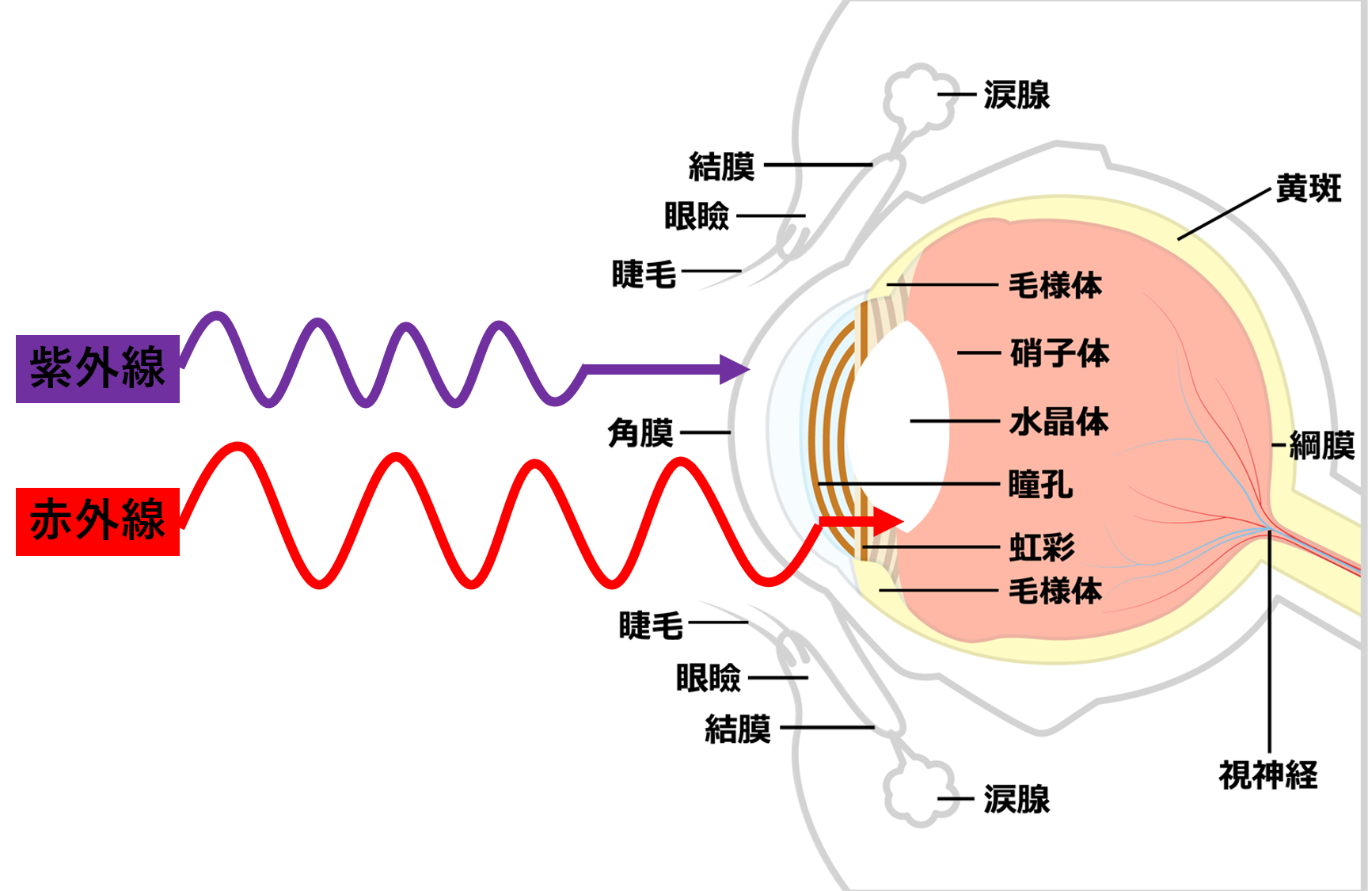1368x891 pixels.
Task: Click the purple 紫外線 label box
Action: pyautogui.click(x=97, y=368)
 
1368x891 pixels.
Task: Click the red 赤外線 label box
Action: pyautogui.click(x=97, y=521)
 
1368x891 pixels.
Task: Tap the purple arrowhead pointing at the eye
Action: pyautogui.click(x=734, y=369)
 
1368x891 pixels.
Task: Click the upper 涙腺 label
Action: pyautogui.click(x=1016, y=95)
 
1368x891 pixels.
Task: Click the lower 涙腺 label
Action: pyautogui.click(x=1016, y=799)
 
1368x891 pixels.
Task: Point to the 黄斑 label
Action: pyautogui.click(x=1309, y=188)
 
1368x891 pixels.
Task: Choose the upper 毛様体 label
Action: pyautogui.click(x=1054, y=285)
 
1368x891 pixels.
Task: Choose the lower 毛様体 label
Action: pyautogui.click(x=1054, y=591)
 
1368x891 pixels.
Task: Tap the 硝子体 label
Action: pyautogui.click(x=1059, y=353)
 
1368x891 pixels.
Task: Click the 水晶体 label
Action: pyautogui.click(x=1058, y=421)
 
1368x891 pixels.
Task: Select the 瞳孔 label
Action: pyautogui.click(x=1040, y=484)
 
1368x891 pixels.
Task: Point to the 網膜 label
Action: pyautogui.click(x=1321, y=445)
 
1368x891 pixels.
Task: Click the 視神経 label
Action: pyautogui.click(x=1267, y=775)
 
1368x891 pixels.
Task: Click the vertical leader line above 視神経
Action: pyautogui.click(x=1269, y=642)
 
